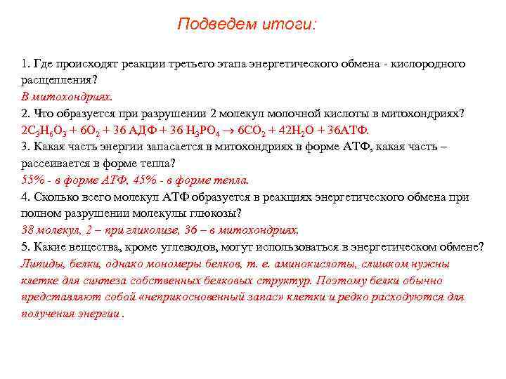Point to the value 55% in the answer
32,180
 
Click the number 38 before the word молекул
28,230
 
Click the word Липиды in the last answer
41,264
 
